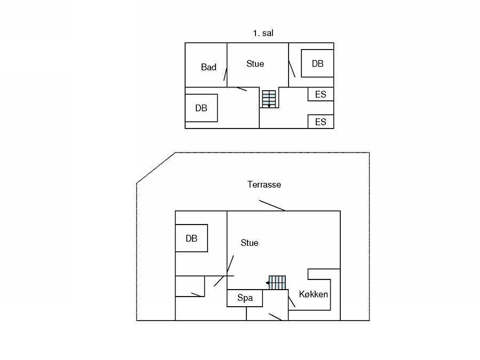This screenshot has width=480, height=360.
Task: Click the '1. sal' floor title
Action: [263, 33]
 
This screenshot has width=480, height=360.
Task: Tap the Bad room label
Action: [209, 67]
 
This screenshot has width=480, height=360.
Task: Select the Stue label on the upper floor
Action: [255, 63]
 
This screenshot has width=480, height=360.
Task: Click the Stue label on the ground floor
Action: [250, 243]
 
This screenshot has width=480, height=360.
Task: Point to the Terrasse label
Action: [264, 185]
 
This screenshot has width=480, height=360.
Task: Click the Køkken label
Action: [313, 294]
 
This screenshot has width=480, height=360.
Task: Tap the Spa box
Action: [245, 298]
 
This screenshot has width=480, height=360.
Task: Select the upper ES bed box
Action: [321, 94]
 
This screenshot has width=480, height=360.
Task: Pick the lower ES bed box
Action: [321, 122]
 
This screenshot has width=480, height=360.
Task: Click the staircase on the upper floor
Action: [269, 99]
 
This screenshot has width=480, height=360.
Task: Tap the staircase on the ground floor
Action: [277, 283]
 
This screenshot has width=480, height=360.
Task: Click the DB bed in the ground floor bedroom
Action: [191, 238]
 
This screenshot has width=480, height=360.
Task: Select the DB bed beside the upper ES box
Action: [317, 63]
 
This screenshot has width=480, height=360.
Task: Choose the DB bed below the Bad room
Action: [201, 108]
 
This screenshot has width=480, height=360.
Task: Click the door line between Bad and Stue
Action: [225, 74]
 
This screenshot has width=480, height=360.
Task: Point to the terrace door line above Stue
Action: [272, 205]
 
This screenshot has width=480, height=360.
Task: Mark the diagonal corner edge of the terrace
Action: [156, 168]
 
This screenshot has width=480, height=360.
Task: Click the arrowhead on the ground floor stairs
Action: [267, 283]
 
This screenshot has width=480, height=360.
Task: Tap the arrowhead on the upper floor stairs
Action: [269, 106]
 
